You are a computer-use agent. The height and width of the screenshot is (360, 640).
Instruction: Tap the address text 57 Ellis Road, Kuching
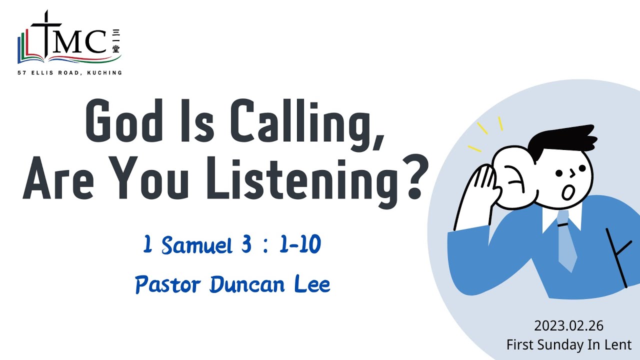click(x=69, y=73)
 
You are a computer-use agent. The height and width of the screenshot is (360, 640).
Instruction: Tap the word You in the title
click(x=160, y=178)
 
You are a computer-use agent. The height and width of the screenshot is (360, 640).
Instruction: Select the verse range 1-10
click(x=299, y=245)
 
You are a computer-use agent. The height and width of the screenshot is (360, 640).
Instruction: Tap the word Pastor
click(x=168, y=285)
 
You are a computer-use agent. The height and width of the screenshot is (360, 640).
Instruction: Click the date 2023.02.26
click(x=568, y=326)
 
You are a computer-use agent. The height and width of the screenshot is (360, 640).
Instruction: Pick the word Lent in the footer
click(x=619, y=344)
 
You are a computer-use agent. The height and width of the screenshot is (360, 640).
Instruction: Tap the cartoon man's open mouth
click(x=566, y=191)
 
